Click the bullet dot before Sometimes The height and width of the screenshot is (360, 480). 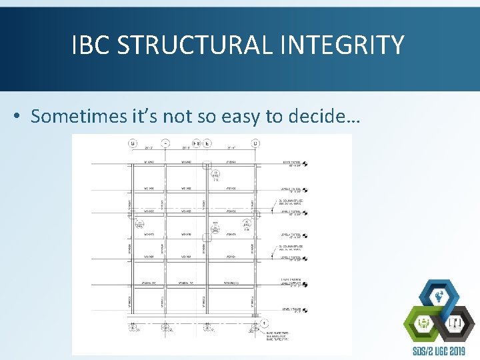click(x=17, y=117)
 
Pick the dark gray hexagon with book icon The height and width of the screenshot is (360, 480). click(x=457, y=323)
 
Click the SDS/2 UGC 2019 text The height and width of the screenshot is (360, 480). click(x=438, y=351)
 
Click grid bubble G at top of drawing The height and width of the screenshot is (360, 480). click(x=132, y=143)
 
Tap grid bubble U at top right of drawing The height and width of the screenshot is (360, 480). click(x=255, y=143)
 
